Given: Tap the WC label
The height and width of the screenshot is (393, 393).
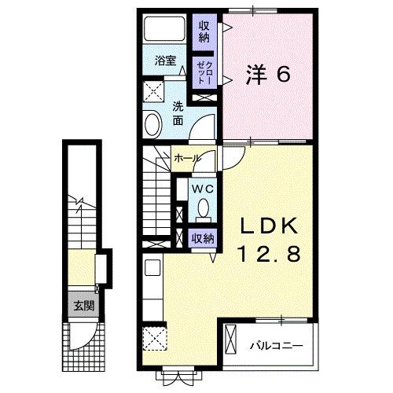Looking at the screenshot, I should click(x=202, y=189).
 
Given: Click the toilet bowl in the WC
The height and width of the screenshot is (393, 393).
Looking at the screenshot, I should click(x=203, y=209).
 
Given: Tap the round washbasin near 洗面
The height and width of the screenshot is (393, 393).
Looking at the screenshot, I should click(x=152, y=123).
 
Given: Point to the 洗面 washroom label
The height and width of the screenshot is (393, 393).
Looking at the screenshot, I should click(x=178, y=113).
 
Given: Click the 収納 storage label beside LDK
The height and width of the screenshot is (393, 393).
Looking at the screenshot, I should click(x=202, y=237).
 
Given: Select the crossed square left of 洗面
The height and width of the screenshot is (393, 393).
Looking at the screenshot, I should click(x=153, y=87).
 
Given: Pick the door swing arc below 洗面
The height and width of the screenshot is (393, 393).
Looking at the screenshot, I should click(x=204, y=126).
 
